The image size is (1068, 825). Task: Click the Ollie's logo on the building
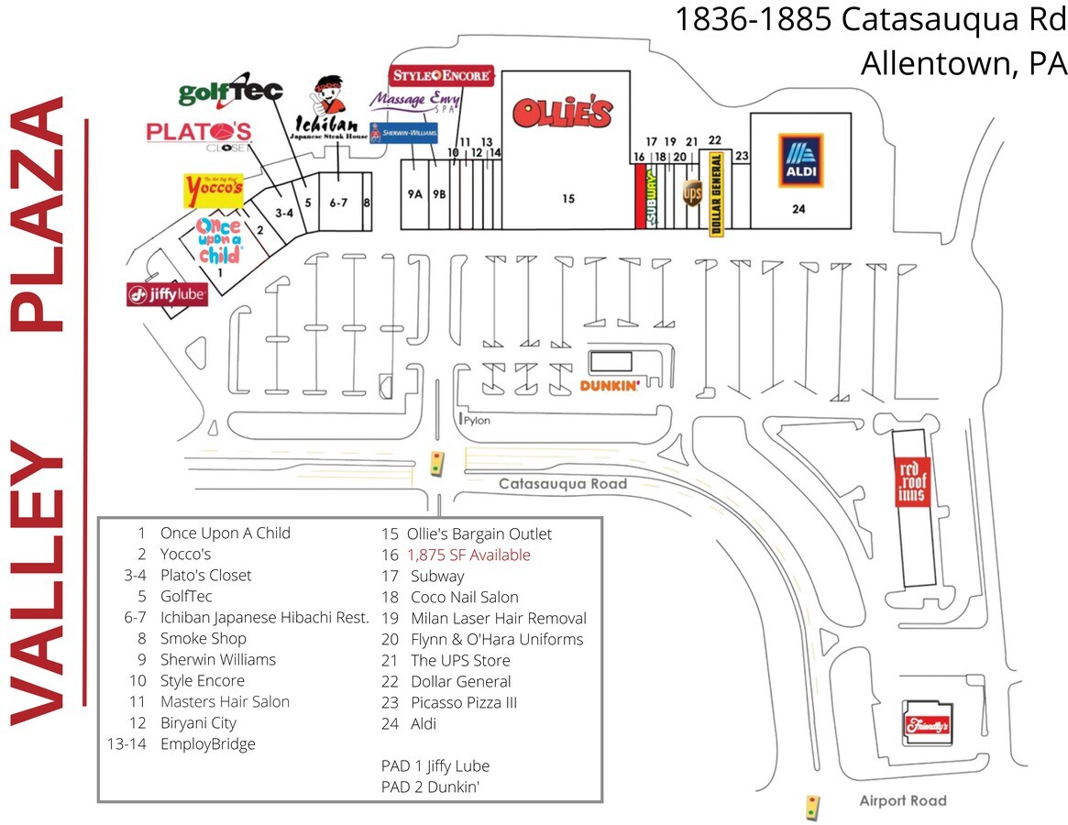point(562,112)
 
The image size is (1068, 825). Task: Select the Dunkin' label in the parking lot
point(610,386)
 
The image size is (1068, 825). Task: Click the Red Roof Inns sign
point(912,481)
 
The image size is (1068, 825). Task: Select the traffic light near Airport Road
point(810,808)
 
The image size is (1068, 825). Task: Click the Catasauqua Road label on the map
point(563,484)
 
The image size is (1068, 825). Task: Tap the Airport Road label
point(902,801)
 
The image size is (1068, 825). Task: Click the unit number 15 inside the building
point(568,198)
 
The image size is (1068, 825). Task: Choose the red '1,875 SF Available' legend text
point(468,555)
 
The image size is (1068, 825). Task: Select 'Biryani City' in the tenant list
point(198,722)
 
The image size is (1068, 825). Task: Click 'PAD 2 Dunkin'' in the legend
point(430,786)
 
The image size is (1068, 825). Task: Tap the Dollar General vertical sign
point(717,195)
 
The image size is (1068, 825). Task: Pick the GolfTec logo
point(230,91)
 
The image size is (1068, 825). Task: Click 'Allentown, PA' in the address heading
point(963,63)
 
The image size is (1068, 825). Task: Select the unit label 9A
point(415,194)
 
